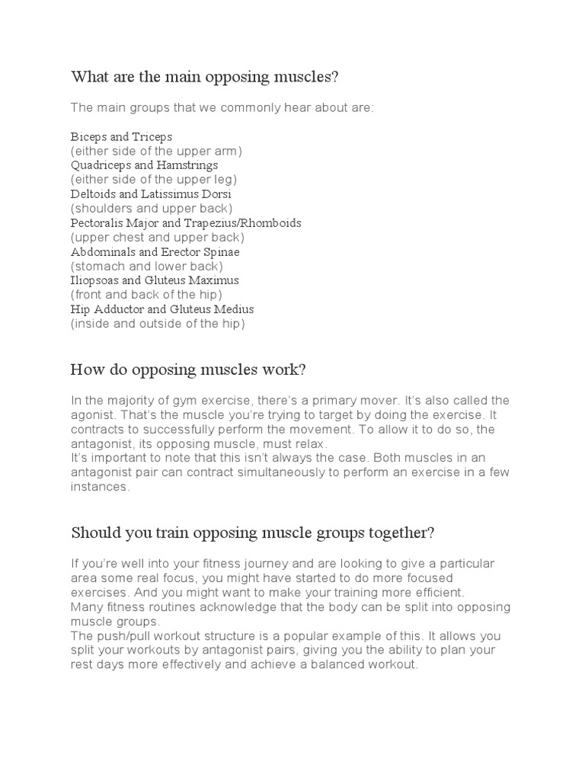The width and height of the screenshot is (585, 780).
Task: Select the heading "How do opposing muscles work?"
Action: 188,369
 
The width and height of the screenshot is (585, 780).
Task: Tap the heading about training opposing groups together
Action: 252,532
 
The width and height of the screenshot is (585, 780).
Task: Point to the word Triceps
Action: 152,137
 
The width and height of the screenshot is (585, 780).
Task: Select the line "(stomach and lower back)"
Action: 147,267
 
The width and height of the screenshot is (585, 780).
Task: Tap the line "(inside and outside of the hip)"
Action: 158,324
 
